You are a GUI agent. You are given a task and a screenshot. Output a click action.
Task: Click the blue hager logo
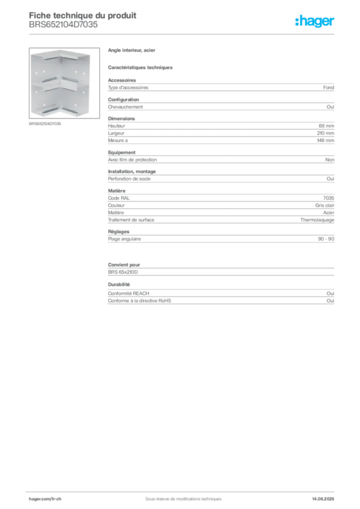click(316, 21)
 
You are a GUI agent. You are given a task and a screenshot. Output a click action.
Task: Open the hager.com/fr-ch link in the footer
click(45, 499)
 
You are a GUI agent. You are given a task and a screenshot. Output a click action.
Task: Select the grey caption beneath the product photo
click(46, 124)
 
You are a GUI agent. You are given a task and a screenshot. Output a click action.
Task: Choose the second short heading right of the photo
click(141, 66)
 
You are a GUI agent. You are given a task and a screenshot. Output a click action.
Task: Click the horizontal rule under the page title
click(182, 33)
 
